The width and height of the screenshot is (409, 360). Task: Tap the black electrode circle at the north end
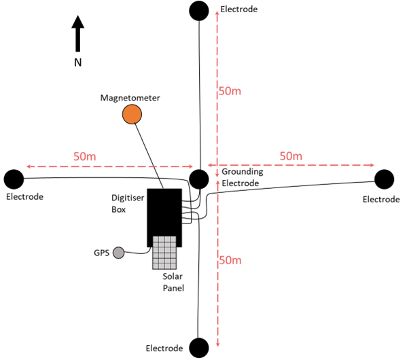click(198, 11)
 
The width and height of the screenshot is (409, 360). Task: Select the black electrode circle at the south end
click(198, 348)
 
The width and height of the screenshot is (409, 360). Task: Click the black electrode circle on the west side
click(14, 179)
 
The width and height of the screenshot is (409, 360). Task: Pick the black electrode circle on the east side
click(385, 179)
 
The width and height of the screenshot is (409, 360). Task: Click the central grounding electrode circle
click(198, 179)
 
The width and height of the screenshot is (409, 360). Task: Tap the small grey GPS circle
click(118, 253)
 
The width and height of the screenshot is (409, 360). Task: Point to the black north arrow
click(78, 35)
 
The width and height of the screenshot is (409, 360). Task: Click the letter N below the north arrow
click(78, 62)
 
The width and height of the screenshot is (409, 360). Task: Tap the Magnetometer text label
click(130, 98)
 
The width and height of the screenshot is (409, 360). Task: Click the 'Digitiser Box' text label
click(128, 203)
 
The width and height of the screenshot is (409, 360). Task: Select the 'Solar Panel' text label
click(173, 282)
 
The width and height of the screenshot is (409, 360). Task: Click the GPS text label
click(101, 253)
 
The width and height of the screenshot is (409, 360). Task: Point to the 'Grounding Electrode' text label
click(241, 178)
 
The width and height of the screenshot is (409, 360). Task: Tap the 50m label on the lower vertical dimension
click(230, 260)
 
